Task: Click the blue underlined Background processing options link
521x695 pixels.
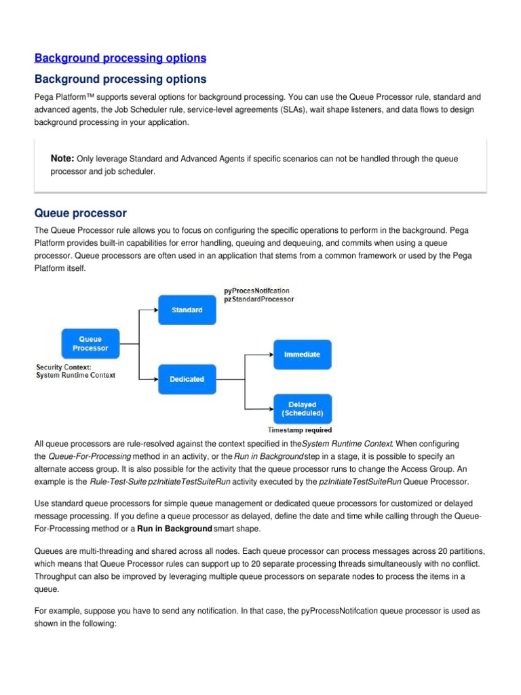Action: pos(120,58)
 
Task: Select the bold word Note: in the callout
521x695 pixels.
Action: pos(62,158)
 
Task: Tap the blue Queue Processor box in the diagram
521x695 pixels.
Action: pos(90,343)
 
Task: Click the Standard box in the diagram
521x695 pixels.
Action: pos(187,309)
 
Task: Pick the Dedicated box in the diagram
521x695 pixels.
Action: pos(187,379)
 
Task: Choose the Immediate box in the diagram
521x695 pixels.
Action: pos(302,354)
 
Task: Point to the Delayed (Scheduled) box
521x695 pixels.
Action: pos(302,409)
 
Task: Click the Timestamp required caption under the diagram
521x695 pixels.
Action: pos(300,430)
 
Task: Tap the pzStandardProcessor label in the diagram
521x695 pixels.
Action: pos(258,300)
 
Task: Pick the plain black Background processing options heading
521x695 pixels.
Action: pos(120,79)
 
